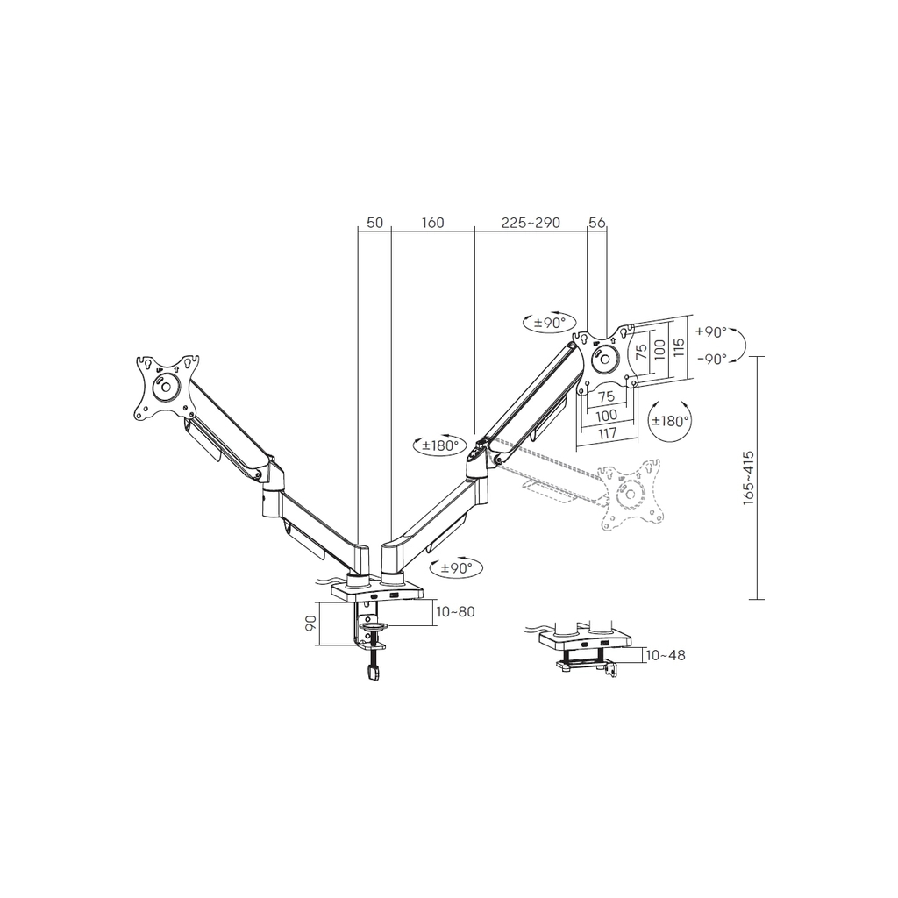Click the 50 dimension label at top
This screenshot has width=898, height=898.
[x=374, y=222]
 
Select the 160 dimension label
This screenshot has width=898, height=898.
[x=433, y=222]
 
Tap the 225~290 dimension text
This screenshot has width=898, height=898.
[x=531, y=222]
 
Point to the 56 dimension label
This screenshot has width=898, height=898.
[x=596, y=222]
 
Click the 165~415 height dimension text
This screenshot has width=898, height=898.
[x=748, y=478]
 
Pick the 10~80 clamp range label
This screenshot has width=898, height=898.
[x=455, y=611]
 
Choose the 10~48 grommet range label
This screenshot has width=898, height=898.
[x=666, y=655]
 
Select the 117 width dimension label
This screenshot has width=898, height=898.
[x=607, y=433]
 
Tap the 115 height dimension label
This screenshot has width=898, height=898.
[x=680, y=347]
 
